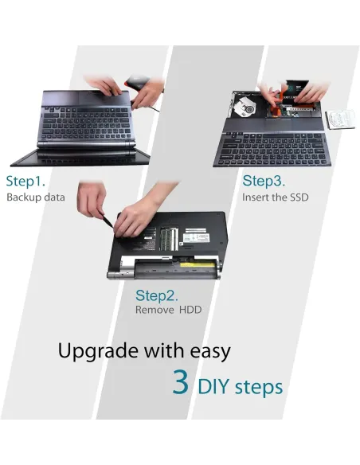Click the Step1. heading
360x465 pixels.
(25, 181)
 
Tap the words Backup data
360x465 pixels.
(36, 197)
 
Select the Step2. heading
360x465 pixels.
(157, 295)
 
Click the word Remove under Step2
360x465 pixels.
(155, 310)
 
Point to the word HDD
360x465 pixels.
(190, 310)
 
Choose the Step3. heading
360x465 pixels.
(264, 181)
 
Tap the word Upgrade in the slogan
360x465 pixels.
(100, 352)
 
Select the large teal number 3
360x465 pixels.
(181, 382)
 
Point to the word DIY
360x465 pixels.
(213, 387)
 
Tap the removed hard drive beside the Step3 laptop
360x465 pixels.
(340, 119)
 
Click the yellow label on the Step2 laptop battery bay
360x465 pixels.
(198, 264)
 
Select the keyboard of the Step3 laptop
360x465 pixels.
(272, 148)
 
